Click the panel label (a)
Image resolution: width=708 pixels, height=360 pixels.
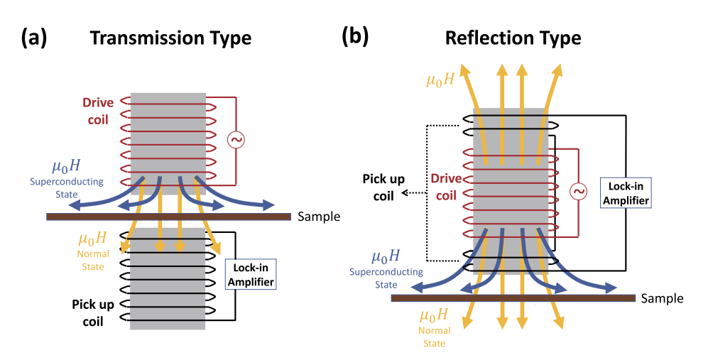(x=33, y=37)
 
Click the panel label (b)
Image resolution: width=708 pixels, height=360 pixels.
(x=355, y=36)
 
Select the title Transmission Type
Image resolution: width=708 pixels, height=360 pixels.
(x=170, y=38)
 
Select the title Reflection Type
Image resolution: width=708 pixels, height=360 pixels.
(x=513, y=37)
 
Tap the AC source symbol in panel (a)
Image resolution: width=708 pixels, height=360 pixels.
(x=236, y=140)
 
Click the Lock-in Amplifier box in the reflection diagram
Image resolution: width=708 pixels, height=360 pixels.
(x=624, y=192)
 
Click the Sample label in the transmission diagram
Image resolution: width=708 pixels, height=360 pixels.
(x=320, y=217)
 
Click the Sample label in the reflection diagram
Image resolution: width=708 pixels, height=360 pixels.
(x=662, y=299)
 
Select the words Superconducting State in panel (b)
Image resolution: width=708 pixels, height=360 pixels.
(x=386, y=278)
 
